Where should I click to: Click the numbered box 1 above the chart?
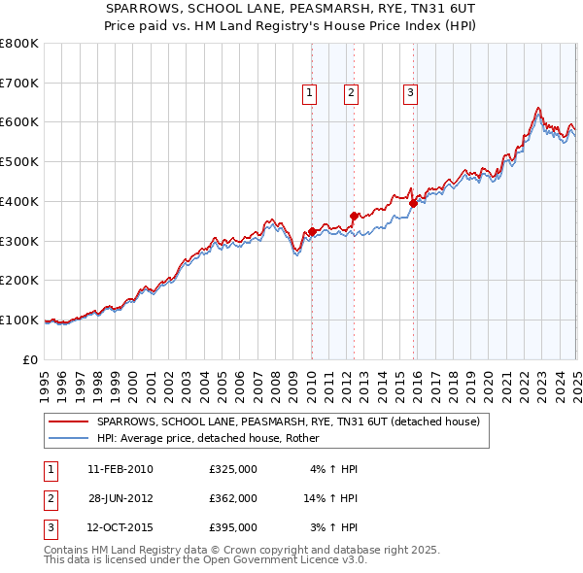point(309,93)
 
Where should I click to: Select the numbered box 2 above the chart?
point(351,93)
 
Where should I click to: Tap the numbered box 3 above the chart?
point(411,93)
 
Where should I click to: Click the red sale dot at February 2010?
point(312,231)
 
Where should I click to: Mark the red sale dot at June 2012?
point(354,217)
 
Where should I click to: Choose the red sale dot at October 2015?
point(413,203)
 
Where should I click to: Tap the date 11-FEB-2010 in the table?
point(120,469)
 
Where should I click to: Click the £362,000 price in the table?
point(233,498)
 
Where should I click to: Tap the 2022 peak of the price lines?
point(537,107)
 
